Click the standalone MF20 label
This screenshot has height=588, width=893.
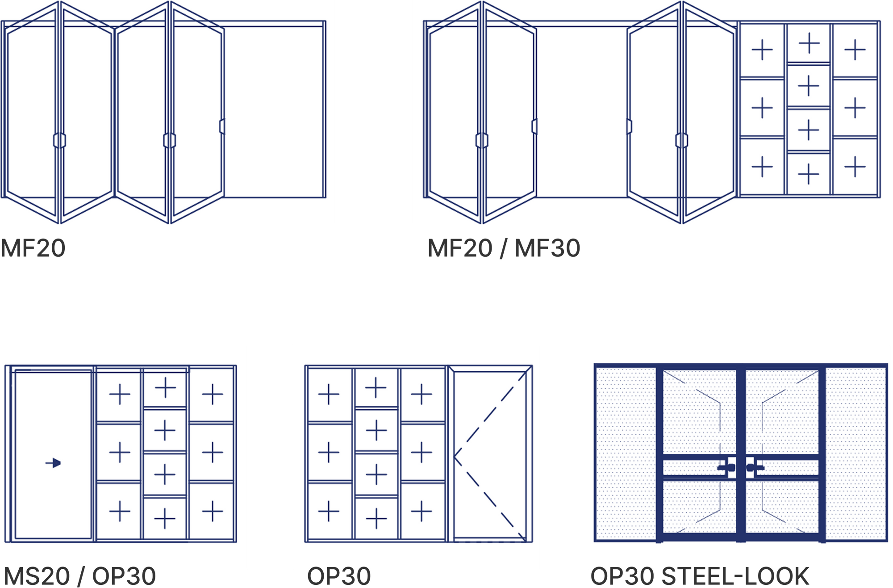33,248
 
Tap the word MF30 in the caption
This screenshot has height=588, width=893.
547,248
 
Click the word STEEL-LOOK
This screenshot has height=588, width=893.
735,576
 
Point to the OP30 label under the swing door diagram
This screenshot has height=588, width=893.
339,576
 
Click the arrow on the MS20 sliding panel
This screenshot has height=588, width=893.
53,463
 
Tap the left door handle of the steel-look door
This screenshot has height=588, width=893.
726,468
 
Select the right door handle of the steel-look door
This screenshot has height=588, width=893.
755,468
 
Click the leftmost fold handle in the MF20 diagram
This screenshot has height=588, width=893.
59,140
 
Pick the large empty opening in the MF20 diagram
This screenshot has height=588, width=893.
274,112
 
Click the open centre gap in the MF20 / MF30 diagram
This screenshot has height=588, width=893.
582,112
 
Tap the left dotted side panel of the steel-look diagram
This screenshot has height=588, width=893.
626,454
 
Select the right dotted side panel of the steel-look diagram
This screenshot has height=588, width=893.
855,454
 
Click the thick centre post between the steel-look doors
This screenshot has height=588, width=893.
741,454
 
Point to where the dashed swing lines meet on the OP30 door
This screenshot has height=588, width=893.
454,456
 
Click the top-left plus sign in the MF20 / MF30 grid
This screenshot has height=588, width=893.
762,50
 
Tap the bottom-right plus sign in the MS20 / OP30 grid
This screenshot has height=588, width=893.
213,511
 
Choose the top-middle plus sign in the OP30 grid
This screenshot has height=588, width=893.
376,387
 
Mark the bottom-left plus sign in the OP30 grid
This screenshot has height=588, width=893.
329,511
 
